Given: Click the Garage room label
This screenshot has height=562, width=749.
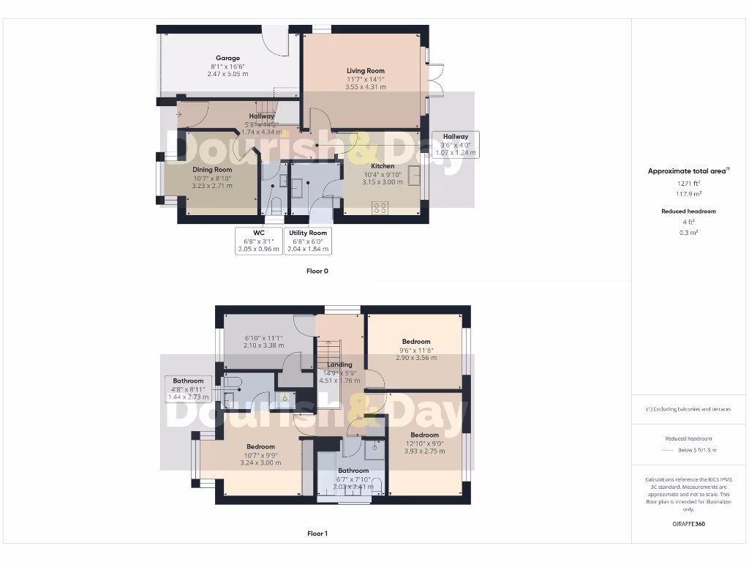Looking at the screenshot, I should click(227, 58).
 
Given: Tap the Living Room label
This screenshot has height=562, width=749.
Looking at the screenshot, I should click(366, 71).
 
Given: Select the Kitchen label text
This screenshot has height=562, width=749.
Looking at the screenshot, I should click(383, 166).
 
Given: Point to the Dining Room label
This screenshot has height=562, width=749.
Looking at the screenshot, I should click(212, 170).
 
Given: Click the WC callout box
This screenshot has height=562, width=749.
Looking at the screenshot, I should click(259, 241).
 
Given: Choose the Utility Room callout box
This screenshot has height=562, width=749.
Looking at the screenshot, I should click(307, 241).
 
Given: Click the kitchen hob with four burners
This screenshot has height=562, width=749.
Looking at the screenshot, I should click(380, 207).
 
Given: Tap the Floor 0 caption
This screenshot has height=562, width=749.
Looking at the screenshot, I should click(317, 271).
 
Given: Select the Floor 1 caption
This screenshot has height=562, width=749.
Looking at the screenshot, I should click(317, 533).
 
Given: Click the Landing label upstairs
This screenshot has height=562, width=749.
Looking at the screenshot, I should click(340, 364).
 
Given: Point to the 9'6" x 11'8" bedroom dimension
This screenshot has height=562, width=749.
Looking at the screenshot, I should click(416, 350).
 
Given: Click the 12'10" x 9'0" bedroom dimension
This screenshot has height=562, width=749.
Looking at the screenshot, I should click(424, 443).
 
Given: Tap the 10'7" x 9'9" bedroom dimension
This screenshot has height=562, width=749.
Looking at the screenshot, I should click(260, 455).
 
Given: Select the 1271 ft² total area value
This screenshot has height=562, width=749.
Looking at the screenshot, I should click(688, 184).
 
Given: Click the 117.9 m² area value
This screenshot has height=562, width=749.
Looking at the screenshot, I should click(688, 194).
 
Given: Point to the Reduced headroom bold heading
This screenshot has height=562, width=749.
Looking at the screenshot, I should click(688, 211).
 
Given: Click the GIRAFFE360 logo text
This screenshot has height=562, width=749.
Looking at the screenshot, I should click(688, 524).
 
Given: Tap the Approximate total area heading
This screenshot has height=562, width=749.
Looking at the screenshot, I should click(688, 171).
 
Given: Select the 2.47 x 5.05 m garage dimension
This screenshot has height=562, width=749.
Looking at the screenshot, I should click(227, 74).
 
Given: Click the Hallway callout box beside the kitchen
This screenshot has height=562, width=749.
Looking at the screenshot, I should click(455, 145).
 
